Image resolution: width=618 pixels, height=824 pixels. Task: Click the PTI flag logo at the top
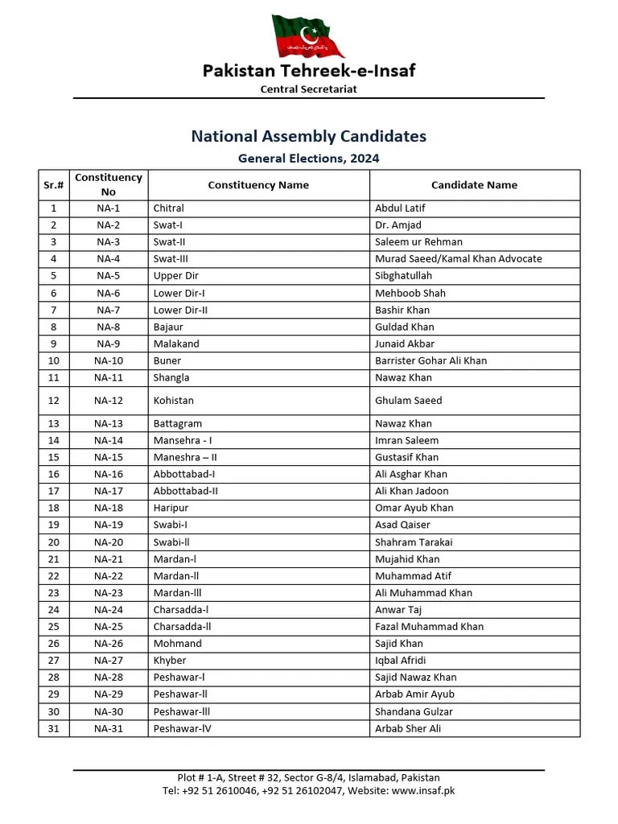click(308, 36)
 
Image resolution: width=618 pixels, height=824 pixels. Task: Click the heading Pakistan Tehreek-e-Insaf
click(308, 71)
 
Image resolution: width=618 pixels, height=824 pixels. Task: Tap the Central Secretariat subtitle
click(308, 89)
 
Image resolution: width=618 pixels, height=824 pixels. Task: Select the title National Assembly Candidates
click(308, 136)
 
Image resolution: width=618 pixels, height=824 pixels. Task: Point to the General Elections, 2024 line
click(308, 159)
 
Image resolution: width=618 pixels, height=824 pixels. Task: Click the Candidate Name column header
click(474, 185)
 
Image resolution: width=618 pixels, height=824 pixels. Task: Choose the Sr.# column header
click(53, 185)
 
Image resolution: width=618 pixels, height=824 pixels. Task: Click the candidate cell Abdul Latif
click(400, 208)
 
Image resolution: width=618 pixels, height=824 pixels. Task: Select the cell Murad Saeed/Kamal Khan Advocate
click(458, 259)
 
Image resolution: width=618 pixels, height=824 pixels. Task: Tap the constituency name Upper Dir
click(175, 276)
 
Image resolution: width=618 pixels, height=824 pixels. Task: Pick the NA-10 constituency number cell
click(109, 360)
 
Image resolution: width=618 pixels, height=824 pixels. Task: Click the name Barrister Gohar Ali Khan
click(431, 360)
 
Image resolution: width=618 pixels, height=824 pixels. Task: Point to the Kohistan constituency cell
click(174, 400)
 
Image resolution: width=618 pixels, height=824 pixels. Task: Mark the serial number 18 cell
click(53, 508)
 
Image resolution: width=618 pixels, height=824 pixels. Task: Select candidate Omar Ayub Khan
click(414, 508)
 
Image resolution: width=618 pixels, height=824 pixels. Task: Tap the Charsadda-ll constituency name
click(182, 626)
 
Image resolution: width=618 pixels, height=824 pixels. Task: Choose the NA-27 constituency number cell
click(109, 660)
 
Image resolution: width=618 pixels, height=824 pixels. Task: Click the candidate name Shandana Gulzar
click(414, 711)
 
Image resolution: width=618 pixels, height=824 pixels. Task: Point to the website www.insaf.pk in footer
click(422, 790)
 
